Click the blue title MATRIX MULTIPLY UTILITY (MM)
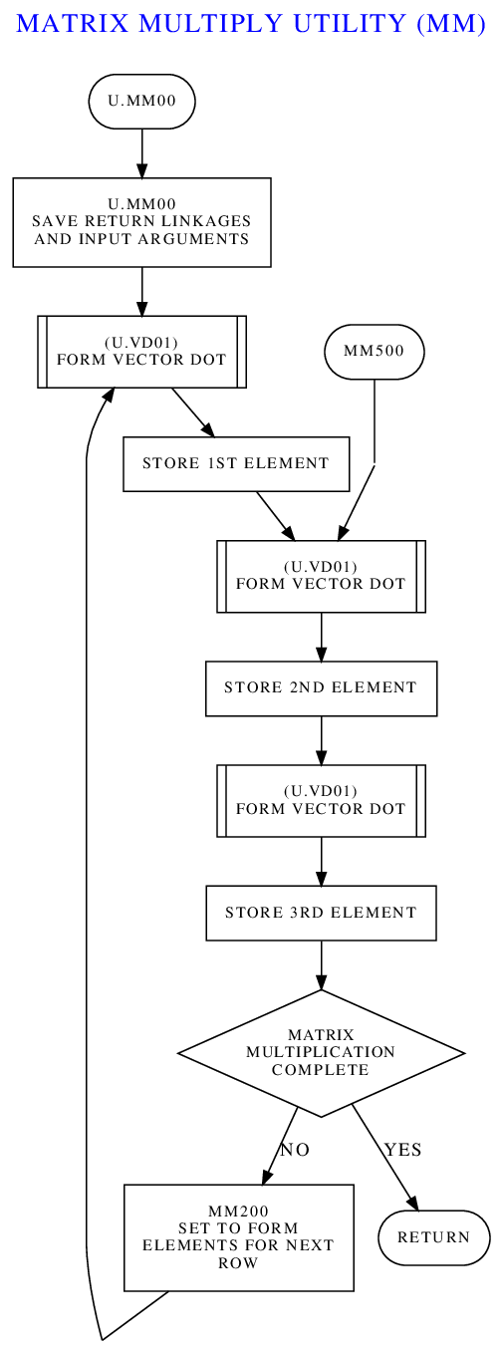(x=251, y=24)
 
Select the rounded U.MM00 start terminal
(x=141, y=101)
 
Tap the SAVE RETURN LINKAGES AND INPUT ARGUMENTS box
(x=141, y=222)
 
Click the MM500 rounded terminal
(x=375, y=352)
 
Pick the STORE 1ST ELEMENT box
(x=236, y=463)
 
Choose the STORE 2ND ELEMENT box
(x=321, y=688)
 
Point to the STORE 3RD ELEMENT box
(x=321, y=913)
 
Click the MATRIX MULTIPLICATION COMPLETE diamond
(x=321, y=1053)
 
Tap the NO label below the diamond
(x=295, y=1150)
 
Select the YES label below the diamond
(x=403, y=1150)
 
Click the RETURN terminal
(x=434, y=1237)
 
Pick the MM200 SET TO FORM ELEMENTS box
(x=239, y=1237)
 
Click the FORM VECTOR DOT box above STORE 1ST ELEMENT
(x=141, y=352)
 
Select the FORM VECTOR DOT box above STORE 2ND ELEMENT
(x=321, y=576)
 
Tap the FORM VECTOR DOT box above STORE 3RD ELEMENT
(x=321, y=800)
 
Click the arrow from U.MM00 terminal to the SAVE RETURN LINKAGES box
(x=141, y=153)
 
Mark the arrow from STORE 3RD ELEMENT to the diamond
(x=321, y=965)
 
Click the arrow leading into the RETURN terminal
(x=385, y=1158)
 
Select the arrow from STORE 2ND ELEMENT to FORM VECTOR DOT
(x=321, y=740)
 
